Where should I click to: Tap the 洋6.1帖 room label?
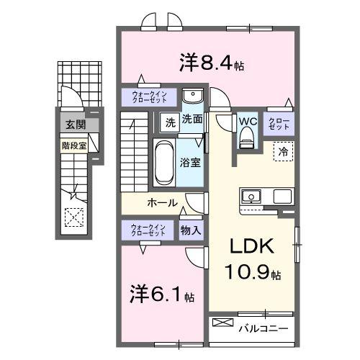point(161,295)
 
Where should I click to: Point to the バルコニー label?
point(264,329)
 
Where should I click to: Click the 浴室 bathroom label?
point(191,163)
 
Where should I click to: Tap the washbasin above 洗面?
point(192,97)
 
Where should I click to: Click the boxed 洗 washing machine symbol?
point(167,121)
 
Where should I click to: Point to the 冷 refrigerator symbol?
point(283,153)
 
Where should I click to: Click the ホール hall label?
point(163,202)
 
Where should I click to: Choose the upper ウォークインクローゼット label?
point(148,97)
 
